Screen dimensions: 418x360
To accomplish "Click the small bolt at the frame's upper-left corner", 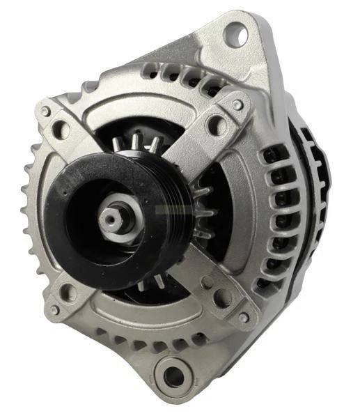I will click(x=45, y=111).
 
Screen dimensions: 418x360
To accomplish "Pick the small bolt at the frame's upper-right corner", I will click(x=237, y=105).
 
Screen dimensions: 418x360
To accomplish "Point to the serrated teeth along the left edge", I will click(x=26, y=209).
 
